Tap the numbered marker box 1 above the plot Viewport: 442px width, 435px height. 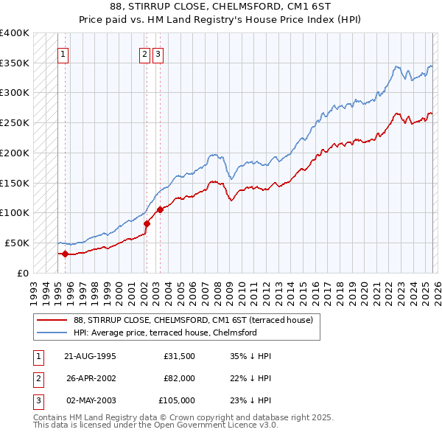pos(63,53)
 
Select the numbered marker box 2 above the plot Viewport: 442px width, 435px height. pos(144,53)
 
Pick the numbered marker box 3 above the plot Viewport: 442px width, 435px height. pos(158,53)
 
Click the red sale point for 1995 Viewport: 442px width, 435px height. pos(66,254)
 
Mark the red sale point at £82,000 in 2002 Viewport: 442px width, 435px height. pos(147,223)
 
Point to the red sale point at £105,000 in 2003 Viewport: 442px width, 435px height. pos(160,209)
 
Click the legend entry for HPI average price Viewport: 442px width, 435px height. pos(164,333)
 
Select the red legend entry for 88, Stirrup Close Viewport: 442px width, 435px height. pos(193,320)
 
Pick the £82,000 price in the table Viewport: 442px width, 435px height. pos(179,377)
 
